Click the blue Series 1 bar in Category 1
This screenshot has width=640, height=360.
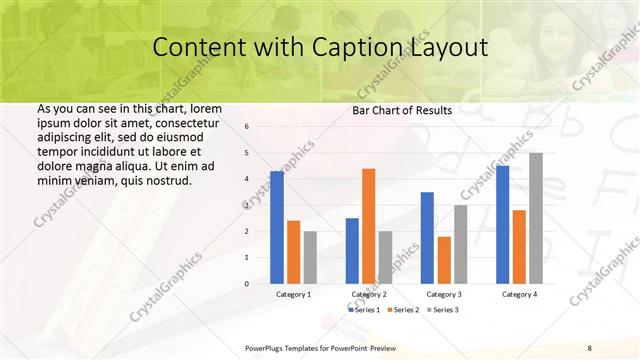point(277,227)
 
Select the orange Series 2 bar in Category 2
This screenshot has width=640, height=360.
point(368,226)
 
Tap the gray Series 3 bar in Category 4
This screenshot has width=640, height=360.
point(536,218)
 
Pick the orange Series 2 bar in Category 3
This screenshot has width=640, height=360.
point(444,260)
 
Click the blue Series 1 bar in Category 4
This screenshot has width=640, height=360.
point(503,225)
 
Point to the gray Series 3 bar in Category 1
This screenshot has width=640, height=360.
point(310,257)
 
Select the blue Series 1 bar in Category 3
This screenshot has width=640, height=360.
point(427,238)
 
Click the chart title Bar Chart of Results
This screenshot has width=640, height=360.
point(402,111)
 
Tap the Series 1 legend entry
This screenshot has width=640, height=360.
point(362,310)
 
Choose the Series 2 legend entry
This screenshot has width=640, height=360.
point(402,310)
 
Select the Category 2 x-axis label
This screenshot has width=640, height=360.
point(369,295)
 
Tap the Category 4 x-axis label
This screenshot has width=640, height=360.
point(519,295)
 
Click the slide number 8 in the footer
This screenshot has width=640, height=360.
point(590,347)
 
